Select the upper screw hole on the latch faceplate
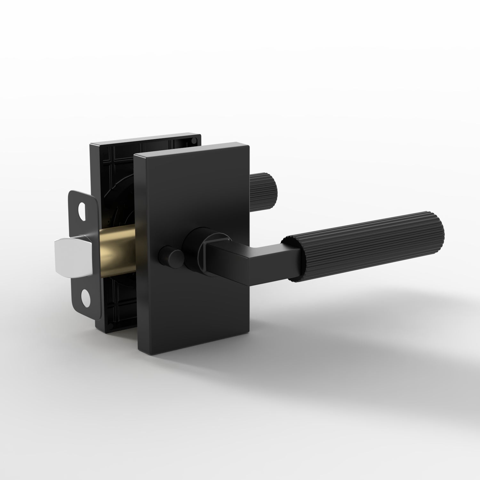coord(83,209)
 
